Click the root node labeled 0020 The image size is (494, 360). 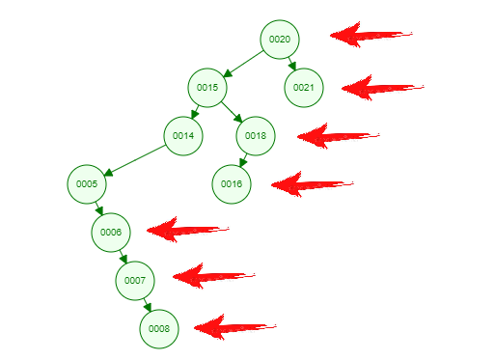(x=280, y=39)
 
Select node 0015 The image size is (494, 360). (x=207, y=87)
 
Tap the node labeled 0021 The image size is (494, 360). (x=304, y=87)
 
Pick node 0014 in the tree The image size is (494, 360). (x=183, y=135)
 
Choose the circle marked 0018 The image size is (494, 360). (x=256, y=135)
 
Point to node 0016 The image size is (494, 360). (x=232, y=183)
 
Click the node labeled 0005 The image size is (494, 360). (x=87, y=183)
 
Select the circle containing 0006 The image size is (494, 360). (x=111, y=232)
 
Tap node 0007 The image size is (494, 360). (x=135, y=280)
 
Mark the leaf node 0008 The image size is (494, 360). (x=159, y=328)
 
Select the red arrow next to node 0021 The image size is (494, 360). (x=382, y=88)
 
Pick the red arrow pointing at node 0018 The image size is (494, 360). (x=338, y=136)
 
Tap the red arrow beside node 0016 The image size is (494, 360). (x=312, y=183)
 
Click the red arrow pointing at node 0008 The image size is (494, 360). (x=234, y=326)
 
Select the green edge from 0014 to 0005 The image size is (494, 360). (x=135, y=159)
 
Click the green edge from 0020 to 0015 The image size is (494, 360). (x=243, y=63)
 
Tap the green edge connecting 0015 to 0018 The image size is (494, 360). (x=232, y=111)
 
